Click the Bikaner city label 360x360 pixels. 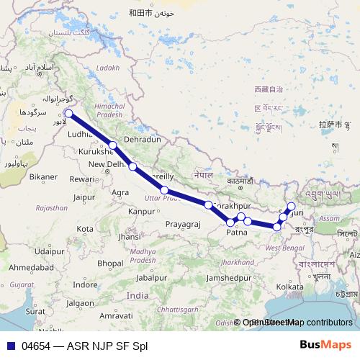point(44,176)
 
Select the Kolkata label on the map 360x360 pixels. point(289,287)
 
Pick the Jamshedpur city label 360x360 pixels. point(228,277)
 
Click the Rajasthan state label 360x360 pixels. point(51,207)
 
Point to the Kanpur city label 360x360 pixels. point(142,212)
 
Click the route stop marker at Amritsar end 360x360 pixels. point(68,113)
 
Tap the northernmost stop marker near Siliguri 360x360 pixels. point(291,207)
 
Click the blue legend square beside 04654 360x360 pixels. point(11,346)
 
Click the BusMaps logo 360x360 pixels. point(325,345)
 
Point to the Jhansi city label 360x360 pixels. point(130,236)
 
